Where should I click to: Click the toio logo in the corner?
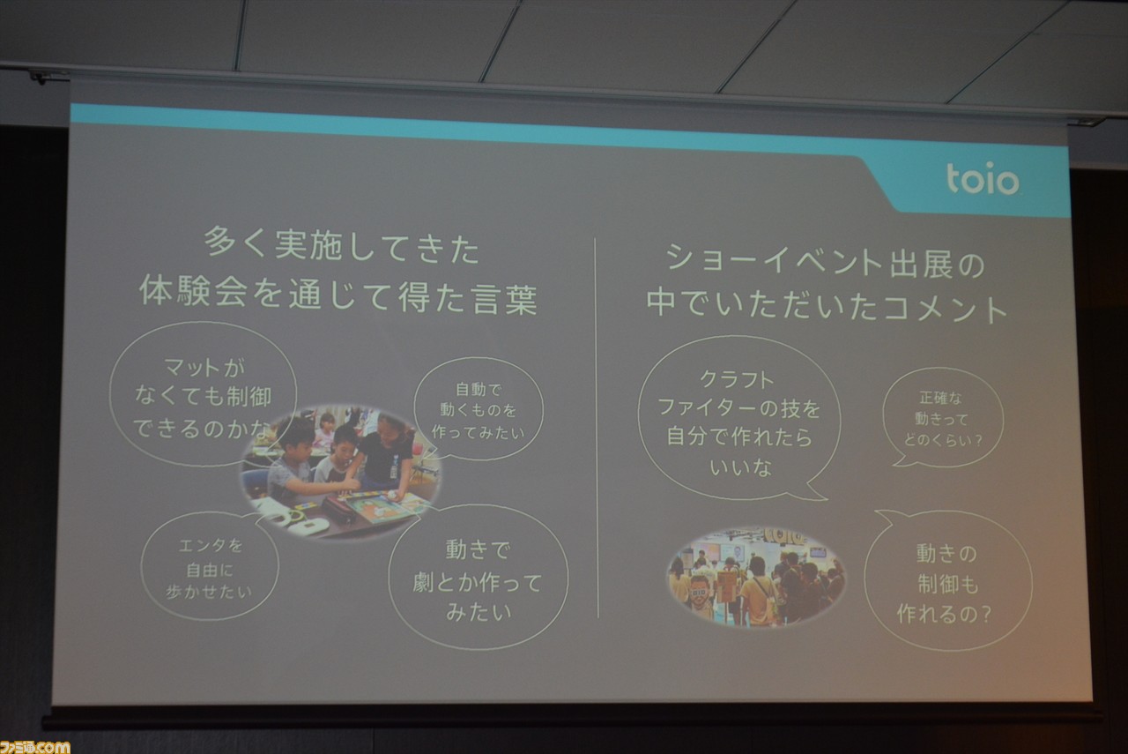[983, 178]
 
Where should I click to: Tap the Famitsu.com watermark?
[34, 746]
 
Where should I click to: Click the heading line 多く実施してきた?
[342, 246]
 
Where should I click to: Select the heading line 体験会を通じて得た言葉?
[338, 295]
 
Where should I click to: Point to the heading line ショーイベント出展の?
[826, 263]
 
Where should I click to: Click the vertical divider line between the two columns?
[597, 428]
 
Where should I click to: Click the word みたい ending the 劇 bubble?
[479, 612]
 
